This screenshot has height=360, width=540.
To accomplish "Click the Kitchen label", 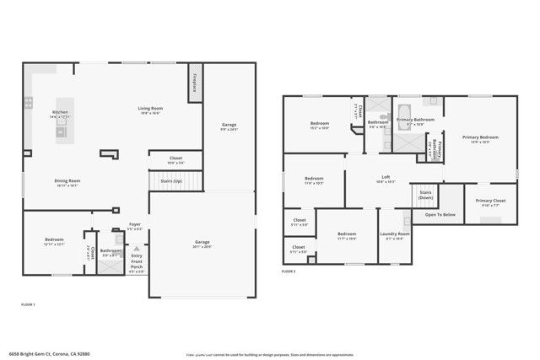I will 60,113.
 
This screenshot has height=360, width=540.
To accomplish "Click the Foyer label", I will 135,225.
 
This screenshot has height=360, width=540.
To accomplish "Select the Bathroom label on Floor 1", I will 111,250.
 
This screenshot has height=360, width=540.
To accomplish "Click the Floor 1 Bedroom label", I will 54,241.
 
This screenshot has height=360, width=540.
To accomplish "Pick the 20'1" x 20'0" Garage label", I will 202,243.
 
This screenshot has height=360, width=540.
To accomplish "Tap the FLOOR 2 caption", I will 289,271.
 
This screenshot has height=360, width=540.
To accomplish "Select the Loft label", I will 386,179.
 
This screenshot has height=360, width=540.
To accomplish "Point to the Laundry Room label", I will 395,234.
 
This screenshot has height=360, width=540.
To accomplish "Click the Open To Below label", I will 440,215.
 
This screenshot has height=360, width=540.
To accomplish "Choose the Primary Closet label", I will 490,201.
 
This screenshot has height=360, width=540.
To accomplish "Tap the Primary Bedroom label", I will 479,137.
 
